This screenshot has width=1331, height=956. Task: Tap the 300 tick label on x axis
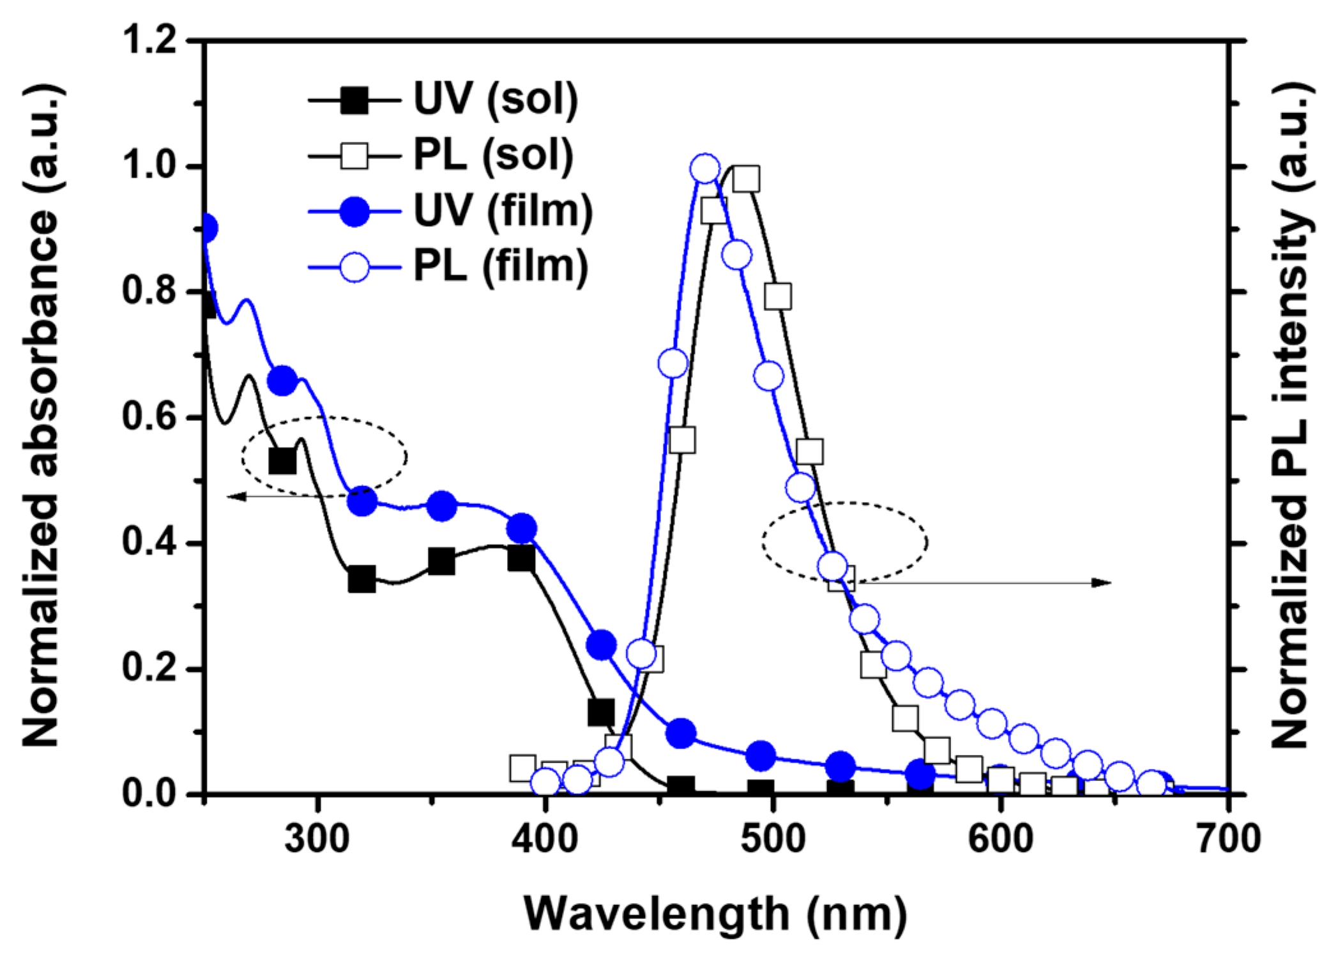317,838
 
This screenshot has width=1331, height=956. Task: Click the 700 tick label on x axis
1228,838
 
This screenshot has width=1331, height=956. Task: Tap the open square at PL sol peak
746,179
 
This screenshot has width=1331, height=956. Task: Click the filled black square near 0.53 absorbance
282,461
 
